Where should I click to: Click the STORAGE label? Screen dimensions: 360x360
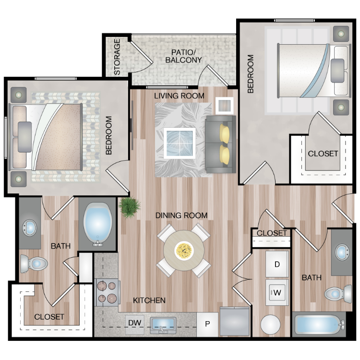tap(117, 57)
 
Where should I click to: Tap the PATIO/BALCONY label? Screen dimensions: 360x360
tap(183, 56)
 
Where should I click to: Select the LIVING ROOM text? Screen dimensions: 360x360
tap(179, 96)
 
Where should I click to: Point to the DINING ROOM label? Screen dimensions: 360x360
tap(181, 216)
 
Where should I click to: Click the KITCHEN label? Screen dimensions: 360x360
tap(149, 300)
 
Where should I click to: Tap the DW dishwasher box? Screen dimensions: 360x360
tap(135, 324)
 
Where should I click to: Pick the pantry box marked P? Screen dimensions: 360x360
tap(207, 324)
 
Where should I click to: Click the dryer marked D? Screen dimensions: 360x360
tap(277, 264)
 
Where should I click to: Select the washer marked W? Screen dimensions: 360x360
tap(277, 292)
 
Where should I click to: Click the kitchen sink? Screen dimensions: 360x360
tap(163, 325)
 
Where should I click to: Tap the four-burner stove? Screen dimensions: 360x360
tap(107, 292)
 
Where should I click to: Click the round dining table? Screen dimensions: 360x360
tap(184, 250)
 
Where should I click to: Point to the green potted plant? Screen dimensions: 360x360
tap(129, 207)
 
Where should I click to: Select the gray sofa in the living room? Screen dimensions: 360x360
tap(221, 144)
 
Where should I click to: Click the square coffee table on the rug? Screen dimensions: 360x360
tap(180, 143)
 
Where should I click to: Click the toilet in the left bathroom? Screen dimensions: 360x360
tap(34, 264)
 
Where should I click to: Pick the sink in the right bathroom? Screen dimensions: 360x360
tap(342, 252)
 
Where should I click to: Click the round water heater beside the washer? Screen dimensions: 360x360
tap(270, 324)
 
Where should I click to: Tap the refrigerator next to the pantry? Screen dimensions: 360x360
tap(235, 322)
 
